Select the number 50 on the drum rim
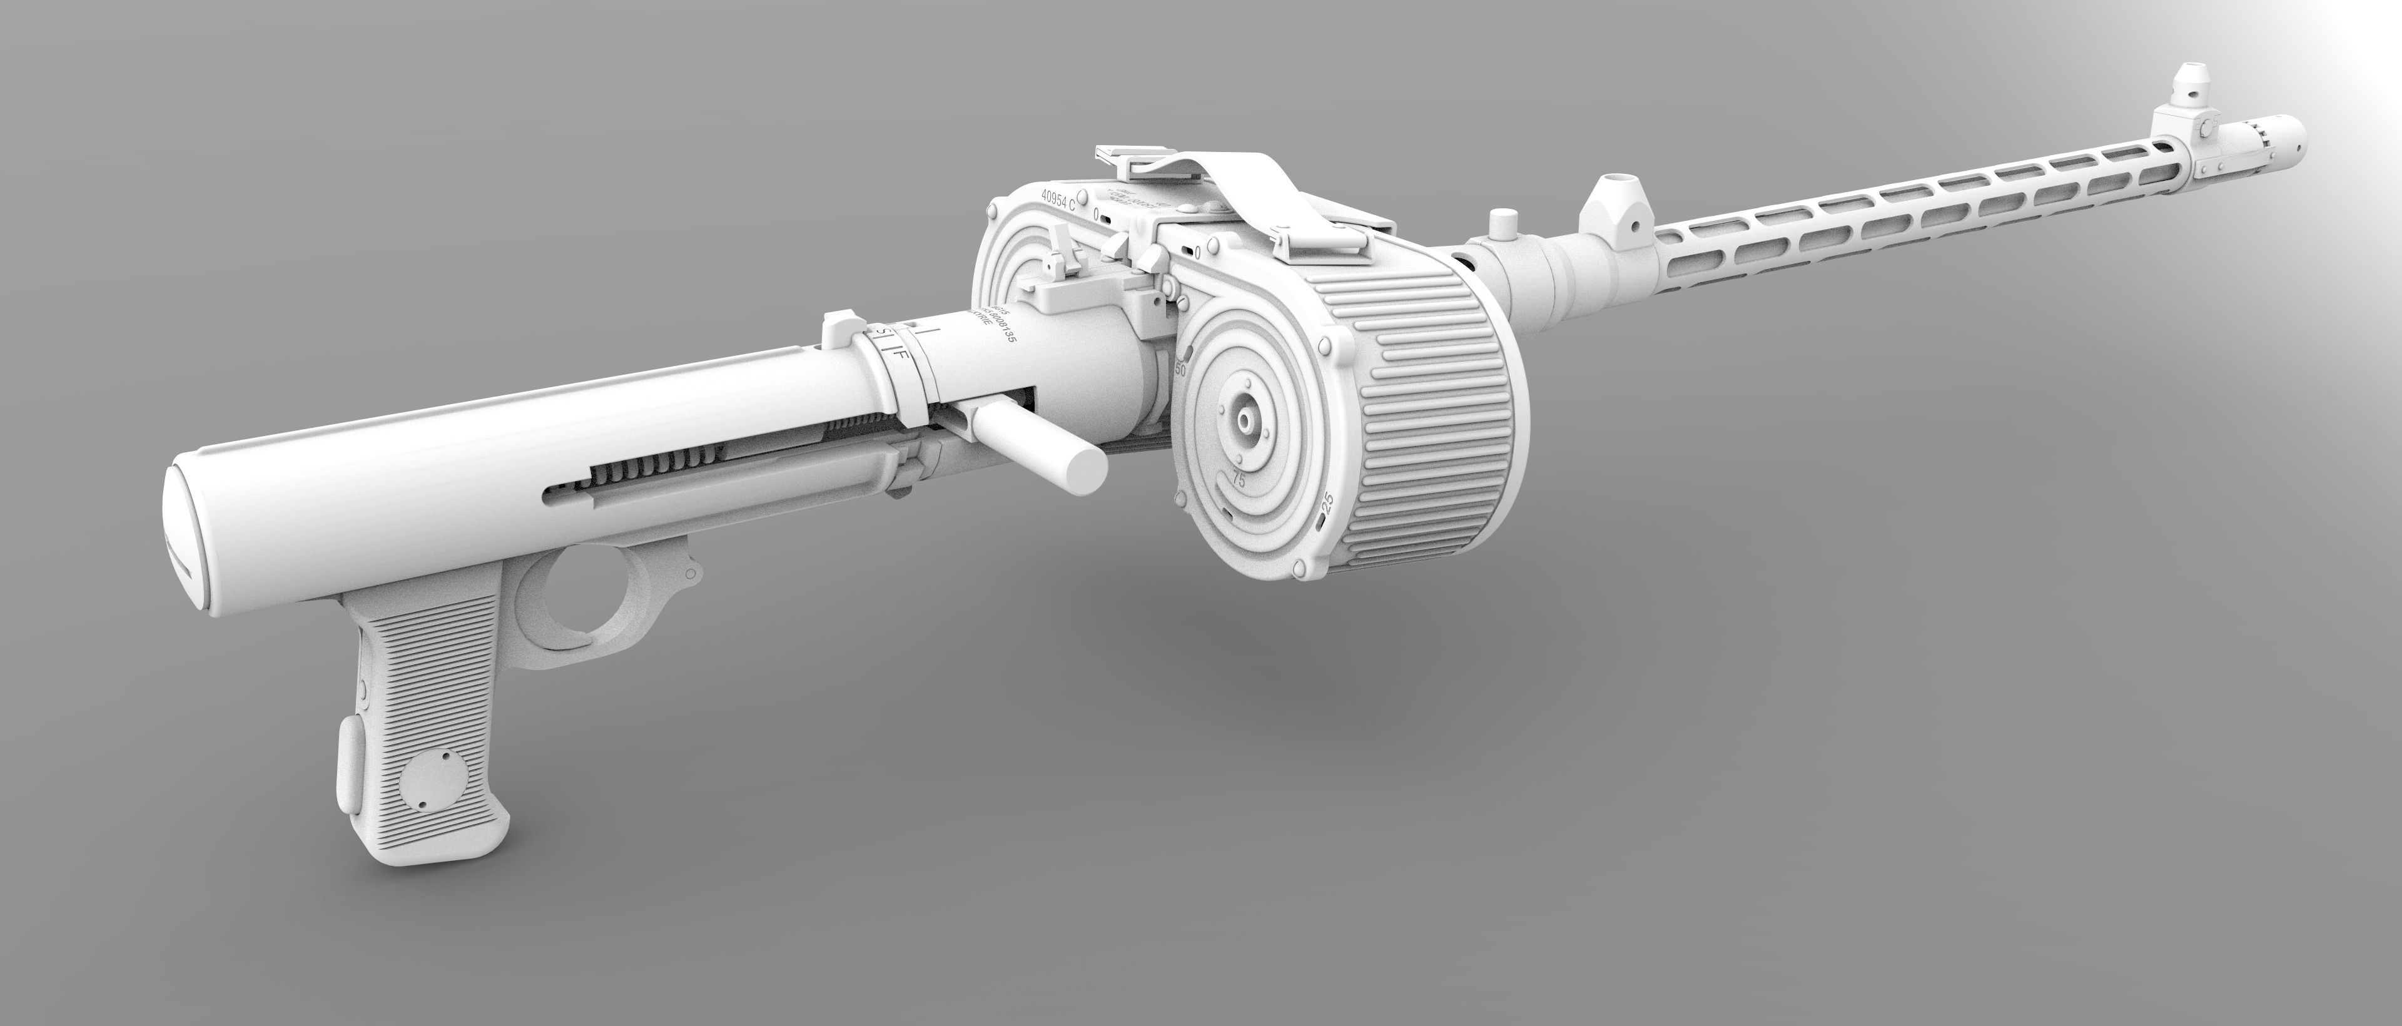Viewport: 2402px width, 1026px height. (x=1180, y=367)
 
